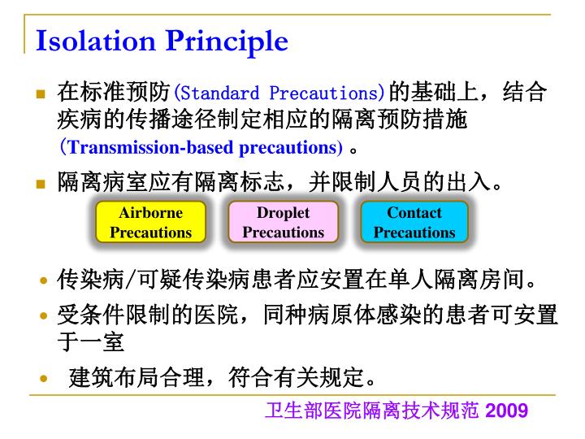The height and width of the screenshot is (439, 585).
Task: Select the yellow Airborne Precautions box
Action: point(150,223)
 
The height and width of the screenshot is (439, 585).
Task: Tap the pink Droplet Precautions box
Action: point(283,223)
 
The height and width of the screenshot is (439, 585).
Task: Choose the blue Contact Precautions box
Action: point(414,223)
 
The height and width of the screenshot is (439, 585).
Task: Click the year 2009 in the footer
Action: point(507,411)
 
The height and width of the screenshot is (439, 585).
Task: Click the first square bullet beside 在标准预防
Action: point(41,93)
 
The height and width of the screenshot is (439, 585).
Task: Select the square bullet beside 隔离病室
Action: point(41,183)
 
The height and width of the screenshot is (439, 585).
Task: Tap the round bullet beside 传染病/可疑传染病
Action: point(43,282)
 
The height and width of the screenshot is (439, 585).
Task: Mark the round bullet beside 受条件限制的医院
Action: point(43,315)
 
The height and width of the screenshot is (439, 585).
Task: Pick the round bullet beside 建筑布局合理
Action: point(43,378)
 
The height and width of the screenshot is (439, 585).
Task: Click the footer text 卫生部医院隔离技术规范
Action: point(373,411)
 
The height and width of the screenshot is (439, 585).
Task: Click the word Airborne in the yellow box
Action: point(150,213)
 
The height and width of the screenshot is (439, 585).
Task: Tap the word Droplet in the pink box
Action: point(283,213)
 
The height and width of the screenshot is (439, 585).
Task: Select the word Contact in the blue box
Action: point(414,213)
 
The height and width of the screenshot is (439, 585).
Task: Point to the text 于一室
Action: point(90,342)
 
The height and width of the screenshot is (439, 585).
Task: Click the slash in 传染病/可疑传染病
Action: point(128,281)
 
